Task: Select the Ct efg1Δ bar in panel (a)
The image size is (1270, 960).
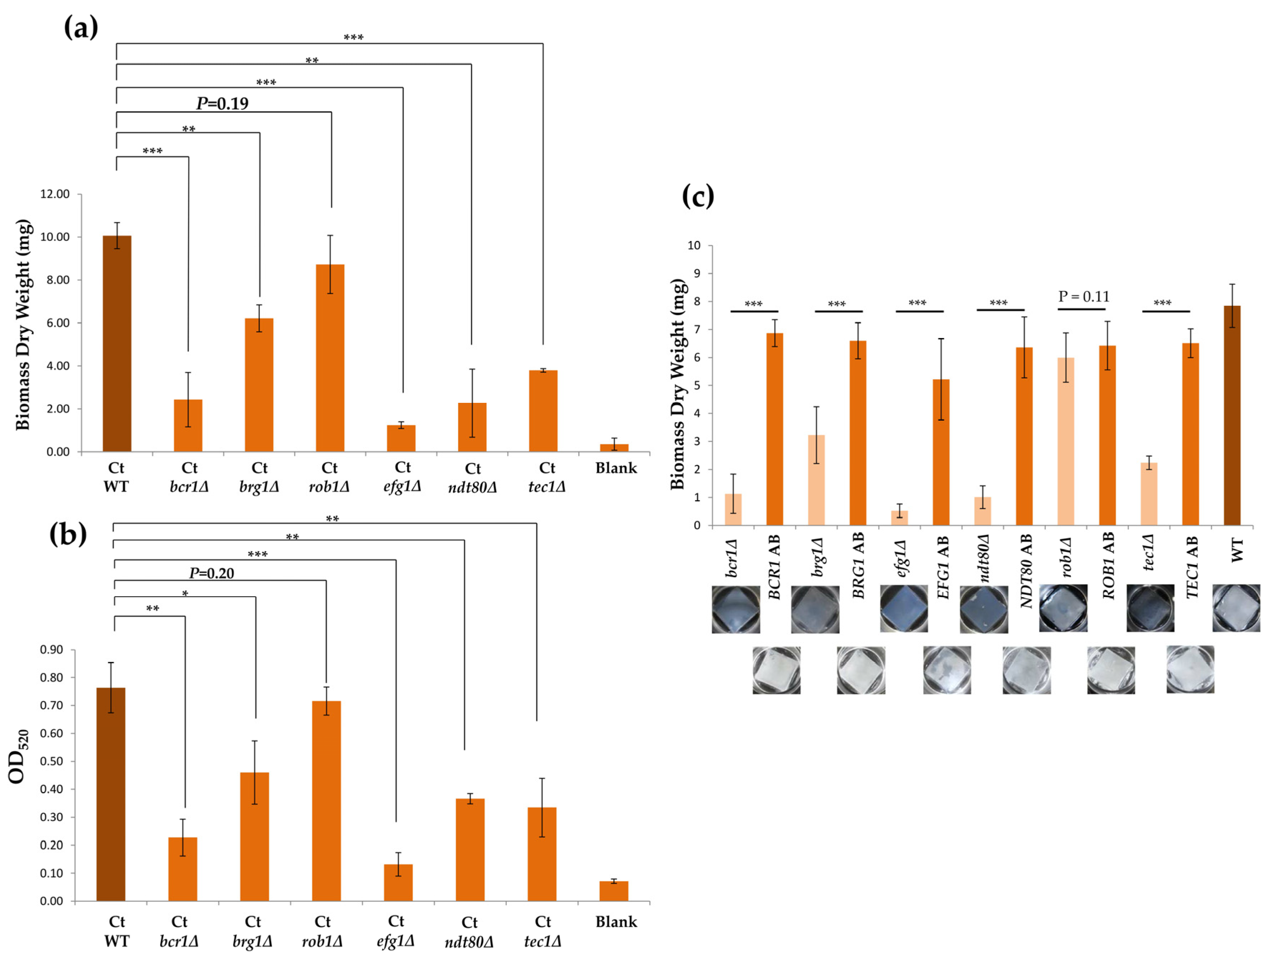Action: pyautogui.click(x=401, y=438)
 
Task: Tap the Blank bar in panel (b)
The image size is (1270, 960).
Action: pyautogui.click(x=614, y=891)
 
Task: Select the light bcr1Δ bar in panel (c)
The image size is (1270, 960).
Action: pyautogui.click(x=733, y=510)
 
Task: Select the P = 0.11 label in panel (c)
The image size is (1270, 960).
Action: pyautogui.click(x=1084, y=296)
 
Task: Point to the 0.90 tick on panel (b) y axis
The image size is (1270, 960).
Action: pyautogui.click(x=52, y=650)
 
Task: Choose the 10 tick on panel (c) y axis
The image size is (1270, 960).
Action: pyautogui.click(x=694, y=246)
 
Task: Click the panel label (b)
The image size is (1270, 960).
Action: pyautogui.click(x=68, y=534)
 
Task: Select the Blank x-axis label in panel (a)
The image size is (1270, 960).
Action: pyautogui.click(x=616, y=468)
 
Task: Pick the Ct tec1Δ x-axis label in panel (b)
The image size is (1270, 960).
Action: pyautogui.click(x=542, y=931)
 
